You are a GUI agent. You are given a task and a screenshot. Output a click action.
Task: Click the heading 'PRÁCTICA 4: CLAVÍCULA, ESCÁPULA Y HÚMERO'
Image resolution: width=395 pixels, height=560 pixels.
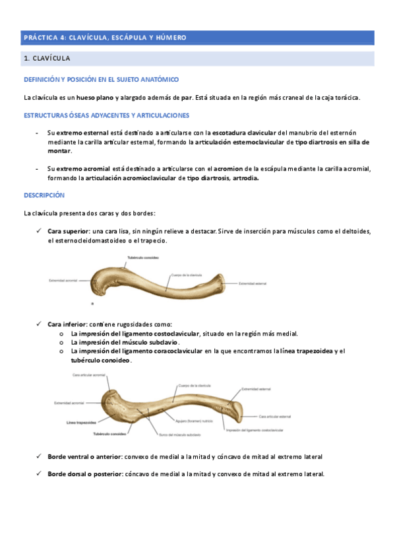(x=105, y=38)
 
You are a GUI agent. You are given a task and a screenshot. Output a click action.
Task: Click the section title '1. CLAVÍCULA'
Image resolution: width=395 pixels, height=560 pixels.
(x=47, y=59)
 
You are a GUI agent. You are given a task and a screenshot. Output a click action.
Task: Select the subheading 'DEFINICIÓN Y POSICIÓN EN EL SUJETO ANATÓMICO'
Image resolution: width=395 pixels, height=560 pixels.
(x=101, y=79)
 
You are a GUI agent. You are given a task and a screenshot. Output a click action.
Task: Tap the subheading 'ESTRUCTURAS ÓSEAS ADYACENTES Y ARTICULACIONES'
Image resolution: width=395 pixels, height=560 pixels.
(x=106, y=115)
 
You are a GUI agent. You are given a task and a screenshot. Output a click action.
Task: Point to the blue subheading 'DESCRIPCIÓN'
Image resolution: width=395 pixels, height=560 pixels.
(x=44, y=195)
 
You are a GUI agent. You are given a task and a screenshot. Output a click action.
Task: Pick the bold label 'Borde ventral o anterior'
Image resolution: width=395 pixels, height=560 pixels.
(x=85, y=456)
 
